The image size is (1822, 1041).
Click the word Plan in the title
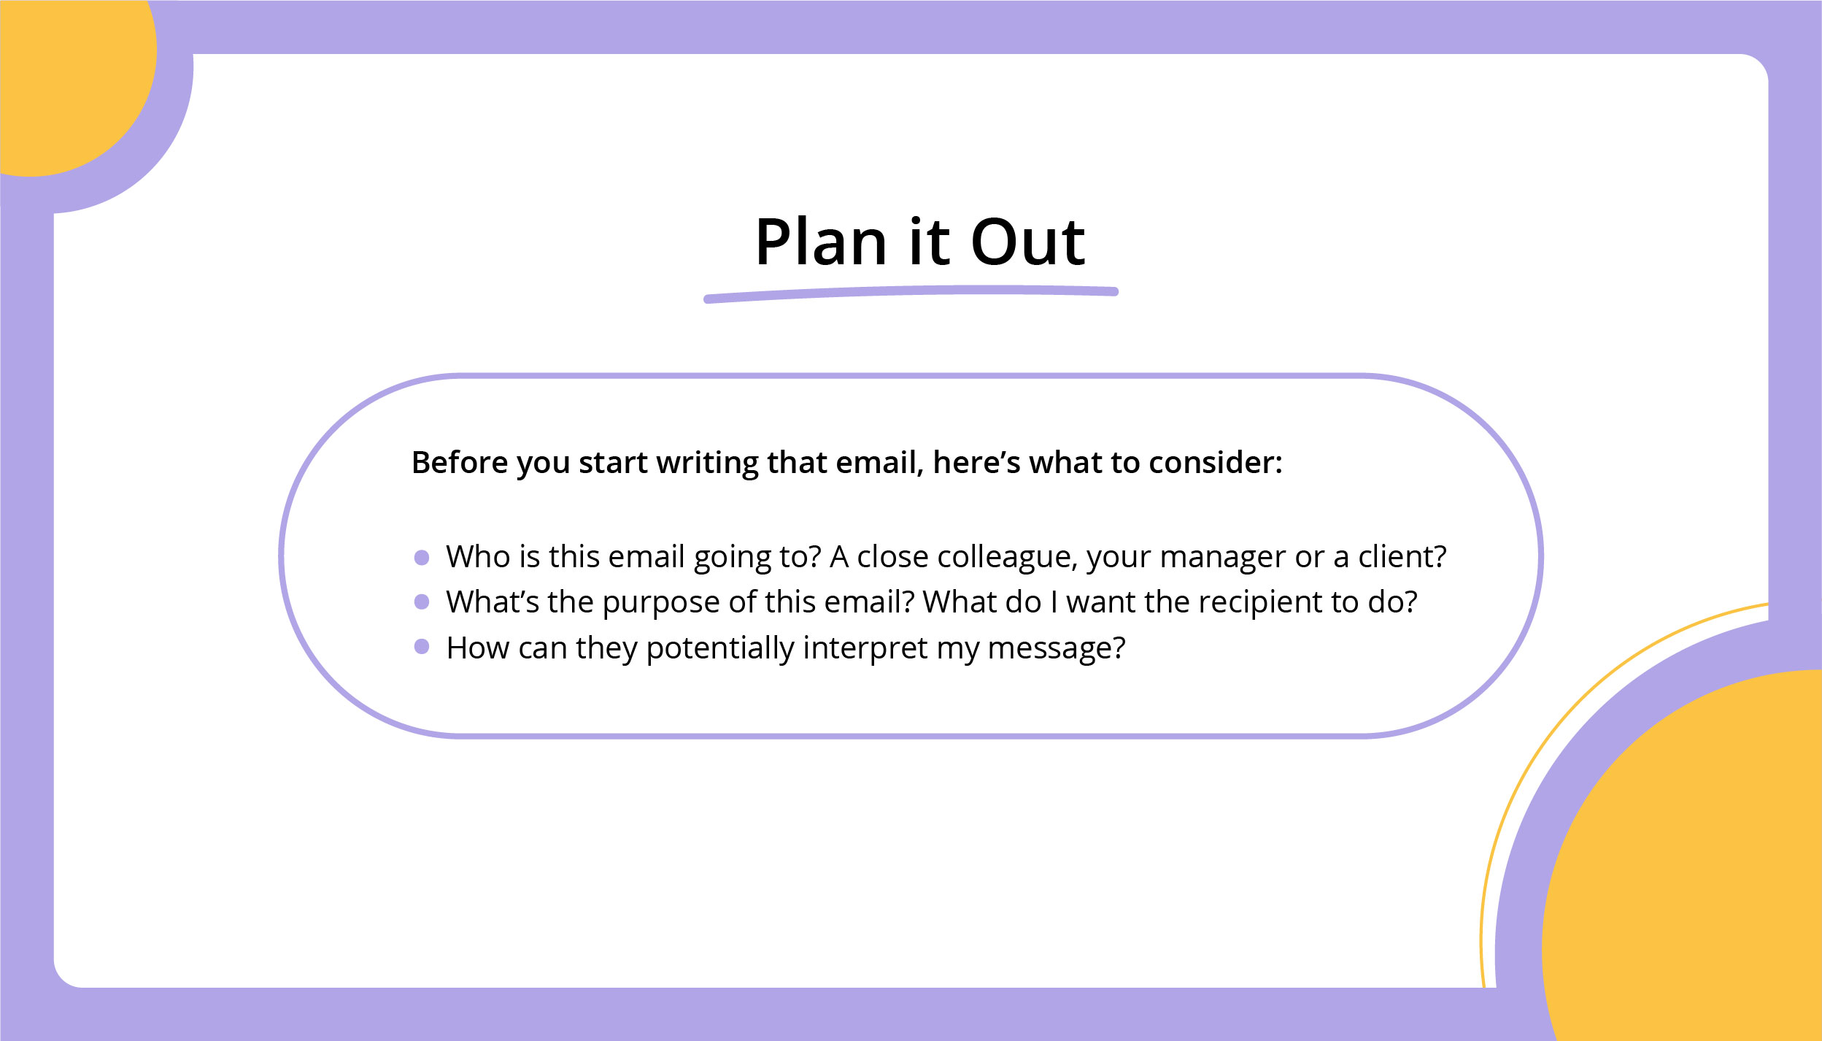coord(821,242)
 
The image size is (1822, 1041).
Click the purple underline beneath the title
coord(911,293)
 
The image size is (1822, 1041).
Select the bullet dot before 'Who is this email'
coord(422,558)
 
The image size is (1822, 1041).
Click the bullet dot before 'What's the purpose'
coord(422,602)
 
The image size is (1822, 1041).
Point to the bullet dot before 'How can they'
coord(422,646)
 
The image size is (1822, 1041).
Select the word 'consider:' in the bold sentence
coord(1215,463)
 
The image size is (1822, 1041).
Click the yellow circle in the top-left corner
coord(73,80)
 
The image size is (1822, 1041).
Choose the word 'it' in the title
coord(929,242)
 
